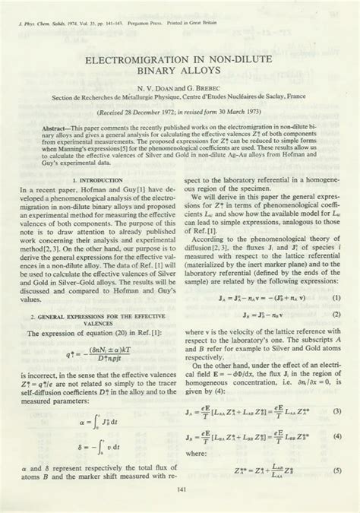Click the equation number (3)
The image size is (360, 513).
(336, 411)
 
